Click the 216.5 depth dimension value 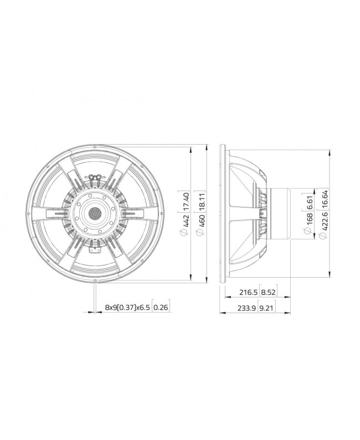tap(248, 292)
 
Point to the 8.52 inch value tap(268, 292)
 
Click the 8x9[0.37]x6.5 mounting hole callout tap(127, 306)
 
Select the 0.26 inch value tap(161, 306)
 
